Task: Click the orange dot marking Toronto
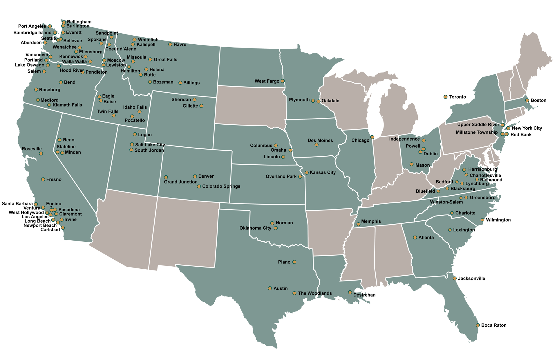point(445,97)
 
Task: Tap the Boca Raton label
point(493,325)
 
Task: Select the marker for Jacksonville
point(455,278)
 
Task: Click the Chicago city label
point(360,141)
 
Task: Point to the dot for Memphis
point(359,224)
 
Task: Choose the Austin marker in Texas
point(270,288)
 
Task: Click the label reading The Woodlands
point(315,293)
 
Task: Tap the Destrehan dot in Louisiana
point(350,292)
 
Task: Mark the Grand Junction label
point(180,182)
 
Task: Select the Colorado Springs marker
point(199,186)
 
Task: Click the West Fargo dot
point(283,81)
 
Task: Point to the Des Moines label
point(320,141)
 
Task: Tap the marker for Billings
point(180,83)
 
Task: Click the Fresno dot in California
point(43,179)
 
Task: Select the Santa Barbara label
point(17,204)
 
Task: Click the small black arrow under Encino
point(51,207)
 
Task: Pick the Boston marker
point(527,100)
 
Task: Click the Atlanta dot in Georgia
point(415,237)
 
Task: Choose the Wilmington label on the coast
point(498,220)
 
